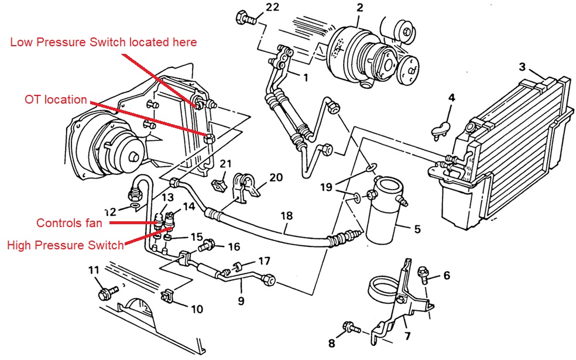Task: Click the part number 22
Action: (x=256, y=7)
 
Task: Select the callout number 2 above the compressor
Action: (x=359, y=8)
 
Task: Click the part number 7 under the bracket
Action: (x=406, y=336)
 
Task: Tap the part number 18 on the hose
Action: (x=286, y=215)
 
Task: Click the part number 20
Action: (x=276, y=177)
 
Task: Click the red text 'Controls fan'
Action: (x=69, y=222)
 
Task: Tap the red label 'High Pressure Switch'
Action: (x=66, y=245)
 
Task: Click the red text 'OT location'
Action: (x=56, y=100)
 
